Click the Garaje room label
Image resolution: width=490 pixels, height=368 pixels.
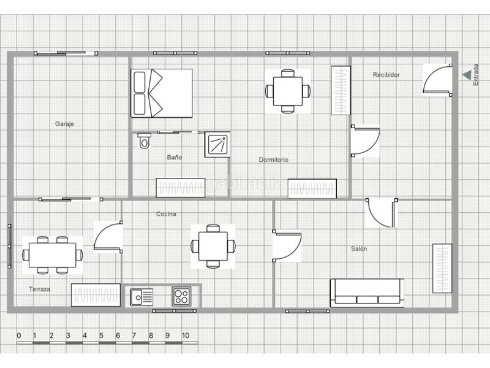[64, 124]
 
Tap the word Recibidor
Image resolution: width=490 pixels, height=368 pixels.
[386, 75]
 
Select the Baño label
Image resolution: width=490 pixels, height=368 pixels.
[175, 158]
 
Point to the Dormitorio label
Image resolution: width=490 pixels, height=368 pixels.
[273, 159]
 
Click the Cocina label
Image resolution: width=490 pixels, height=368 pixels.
[166, 214]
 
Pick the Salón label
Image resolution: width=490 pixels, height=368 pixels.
[359, 248]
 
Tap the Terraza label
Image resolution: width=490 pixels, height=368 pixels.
[39, 288]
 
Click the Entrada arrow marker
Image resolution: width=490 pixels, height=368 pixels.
[467, 75]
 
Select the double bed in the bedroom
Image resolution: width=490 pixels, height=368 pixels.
[162, 93]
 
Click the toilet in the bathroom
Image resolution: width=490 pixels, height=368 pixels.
[144, 141]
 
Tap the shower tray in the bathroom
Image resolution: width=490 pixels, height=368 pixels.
[217, 145]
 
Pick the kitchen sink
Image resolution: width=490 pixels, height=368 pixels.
[141, 297]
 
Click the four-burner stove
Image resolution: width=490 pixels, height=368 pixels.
[181, 297]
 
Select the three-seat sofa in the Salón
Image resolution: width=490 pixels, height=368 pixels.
[366, 293]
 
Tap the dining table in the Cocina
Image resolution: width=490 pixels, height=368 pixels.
[213, 246]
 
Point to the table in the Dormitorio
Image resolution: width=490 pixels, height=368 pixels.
[287, 91]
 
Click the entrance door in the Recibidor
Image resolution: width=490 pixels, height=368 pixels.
[439, 79]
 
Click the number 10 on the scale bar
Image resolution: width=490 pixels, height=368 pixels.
[185, 335]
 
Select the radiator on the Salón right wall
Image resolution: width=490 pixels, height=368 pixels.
[442, 268]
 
